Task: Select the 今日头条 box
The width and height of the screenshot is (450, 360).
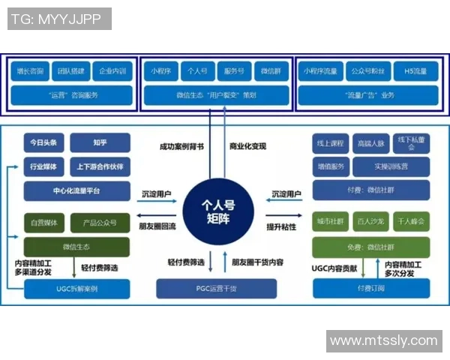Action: (x=44, y=142)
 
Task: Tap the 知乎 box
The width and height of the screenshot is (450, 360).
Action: (x=100, y=142)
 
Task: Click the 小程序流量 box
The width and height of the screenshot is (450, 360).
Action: (x=319, y=71)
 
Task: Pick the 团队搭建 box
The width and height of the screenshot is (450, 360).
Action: (x=72, y=71)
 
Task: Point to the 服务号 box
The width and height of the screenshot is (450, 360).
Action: (x=235, y=71)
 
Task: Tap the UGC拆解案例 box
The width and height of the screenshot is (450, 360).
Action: (x=76, y=289)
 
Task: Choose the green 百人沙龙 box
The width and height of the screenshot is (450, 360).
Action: (x=371, y=223)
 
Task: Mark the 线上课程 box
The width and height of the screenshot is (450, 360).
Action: (x=331, y=142)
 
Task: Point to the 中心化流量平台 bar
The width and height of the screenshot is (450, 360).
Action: (x=76, y=190)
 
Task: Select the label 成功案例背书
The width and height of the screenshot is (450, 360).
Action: (x=181, y=146)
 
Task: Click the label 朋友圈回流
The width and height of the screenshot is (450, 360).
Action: (x=157, y=226)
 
